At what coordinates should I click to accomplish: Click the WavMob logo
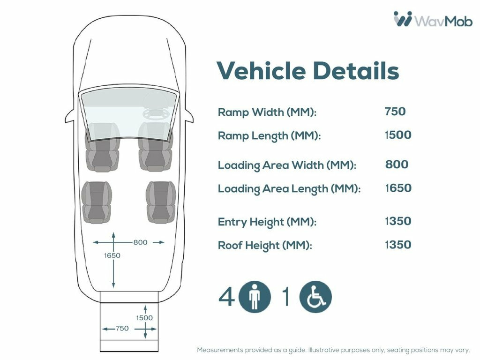point(433,19)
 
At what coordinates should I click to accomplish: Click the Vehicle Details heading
point(308,70)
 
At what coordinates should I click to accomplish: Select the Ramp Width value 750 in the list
point(395,112)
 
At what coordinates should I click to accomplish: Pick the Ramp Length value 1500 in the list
point(398,135)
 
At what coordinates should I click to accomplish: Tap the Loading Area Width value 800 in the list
point(397,165)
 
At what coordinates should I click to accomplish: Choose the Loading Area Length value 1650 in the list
point(398,188)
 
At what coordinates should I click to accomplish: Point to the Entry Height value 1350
point(398,221)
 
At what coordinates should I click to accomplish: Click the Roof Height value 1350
point(398,245)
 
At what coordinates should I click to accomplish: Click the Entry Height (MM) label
point(267,222)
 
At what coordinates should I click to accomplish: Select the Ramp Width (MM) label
point(267,112)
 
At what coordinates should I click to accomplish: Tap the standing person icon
point(255,297)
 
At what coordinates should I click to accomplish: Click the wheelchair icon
point(315,297)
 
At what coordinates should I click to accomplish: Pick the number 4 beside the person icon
point(226,297)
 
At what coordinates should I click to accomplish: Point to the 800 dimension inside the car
point(140,242)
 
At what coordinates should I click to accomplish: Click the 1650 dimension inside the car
point(112,255)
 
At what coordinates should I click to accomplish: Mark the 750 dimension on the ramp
point(122,329)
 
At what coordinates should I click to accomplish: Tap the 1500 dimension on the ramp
point(144,318)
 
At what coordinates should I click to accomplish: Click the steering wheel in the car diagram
point(156,114)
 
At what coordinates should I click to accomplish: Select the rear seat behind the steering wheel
point(161,202)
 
